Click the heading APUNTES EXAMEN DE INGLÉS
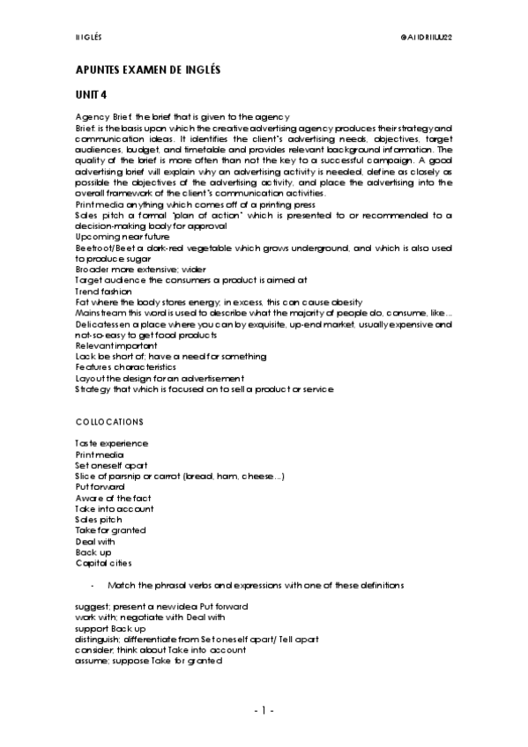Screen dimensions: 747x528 point(147,69)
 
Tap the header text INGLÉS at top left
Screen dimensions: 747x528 point(88,38)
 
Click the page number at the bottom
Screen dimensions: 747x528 point(264,709)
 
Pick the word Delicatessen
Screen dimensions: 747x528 point(100,324)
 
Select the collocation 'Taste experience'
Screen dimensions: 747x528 point(111,443)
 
